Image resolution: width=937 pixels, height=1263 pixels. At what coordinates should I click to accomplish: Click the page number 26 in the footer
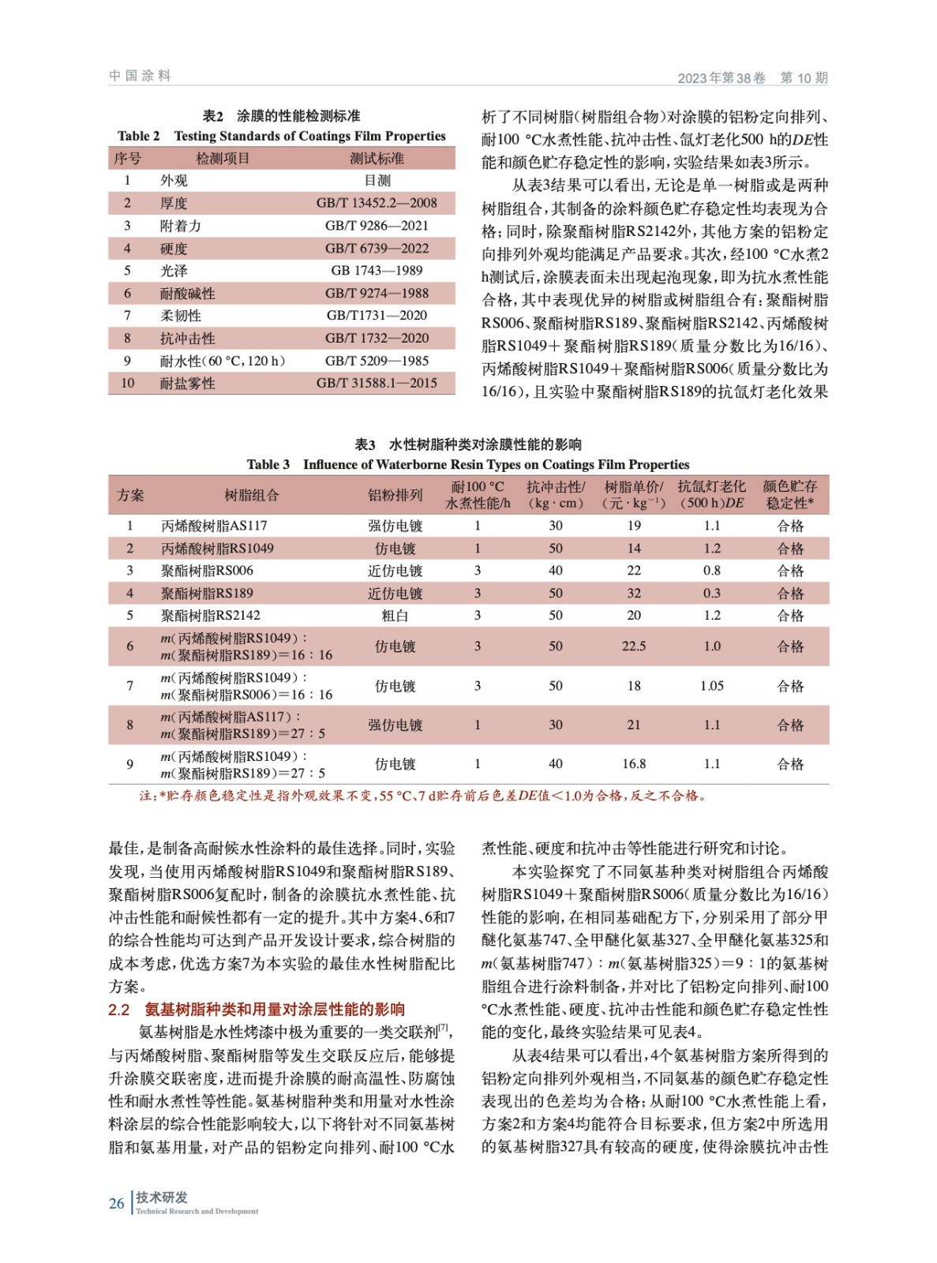[x=116, y=1203]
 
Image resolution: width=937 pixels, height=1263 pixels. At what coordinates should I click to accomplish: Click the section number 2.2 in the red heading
[x=118, y=1009]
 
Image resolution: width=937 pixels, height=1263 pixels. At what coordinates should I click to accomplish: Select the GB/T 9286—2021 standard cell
[x=377, y=226]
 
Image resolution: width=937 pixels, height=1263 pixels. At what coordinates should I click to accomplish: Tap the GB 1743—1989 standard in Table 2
[x=377, y=271]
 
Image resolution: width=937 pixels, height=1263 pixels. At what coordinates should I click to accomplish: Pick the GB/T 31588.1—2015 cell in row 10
[x=377, y=383]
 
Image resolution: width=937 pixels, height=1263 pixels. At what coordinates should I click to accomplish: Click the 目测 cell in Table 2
[x=377, y=180]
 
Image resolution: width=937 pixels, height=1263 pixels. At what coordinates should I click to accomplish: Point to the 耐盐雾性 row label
[x=187, y=384]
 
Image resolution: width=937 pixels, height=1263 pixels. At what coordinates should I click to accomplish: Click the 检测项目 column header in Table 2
[x=223, y=159]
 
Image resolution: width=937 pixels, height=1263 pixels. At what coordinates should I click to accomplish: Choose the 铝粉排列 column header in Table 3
[x=395, y=495]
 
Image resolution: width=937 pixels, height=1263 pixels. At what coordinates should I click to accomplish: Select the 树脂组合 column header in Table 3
[x=251, y=495]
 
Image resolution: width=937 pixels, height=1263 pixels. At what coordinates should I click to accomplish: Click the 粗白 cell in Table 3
[x=395, y=616]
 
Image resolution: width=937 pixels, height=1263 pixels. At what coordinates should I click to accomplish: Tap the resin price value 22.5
[x=634, y=646]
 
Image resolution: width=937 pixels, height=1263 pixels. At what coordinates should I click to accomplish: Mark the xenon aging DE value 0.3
[x=712, y=593]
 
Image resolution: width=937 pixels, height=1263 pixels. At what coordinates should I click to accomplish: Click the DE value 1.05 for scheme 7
[x=712, y=686]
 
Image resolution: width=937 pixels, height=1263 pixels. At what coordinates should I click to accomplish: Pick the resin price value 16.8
[x=634, y=764]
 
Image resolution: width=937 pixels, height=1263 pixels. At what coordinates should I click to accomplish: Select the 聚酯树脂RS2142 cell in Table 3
[x=210, y=616]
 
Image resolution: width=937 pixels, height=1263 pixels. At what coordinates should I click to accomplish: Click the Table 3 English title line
[x=467, y=465]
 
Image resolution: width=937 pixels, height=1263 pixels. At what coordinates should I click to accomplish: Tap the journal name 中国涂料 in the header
[x=140, y=76]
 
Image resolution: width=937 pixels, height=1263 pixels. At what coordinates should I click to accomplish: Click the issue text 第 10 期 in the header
[x=804, y=77]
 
